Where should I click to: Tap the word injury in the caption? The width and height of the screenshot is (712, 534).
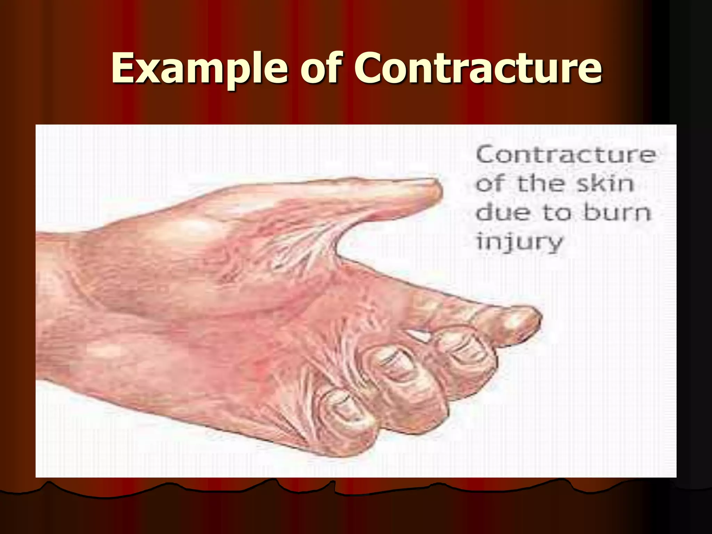[519, 242]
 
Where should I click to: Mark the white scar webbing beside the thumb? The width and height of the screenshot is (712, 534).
[306, 243]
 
